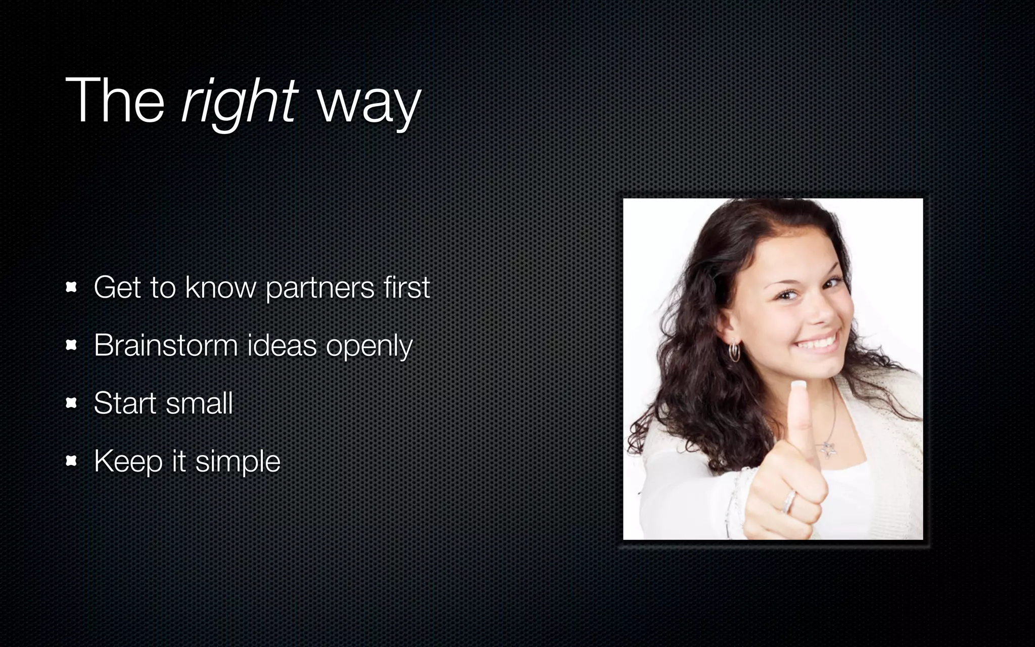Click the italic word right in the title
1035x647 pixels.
(x=240, y=101)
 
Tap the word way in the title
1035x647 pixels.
(x=368, y=104)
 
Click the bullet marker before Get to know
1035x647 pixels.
(x=71, y=288)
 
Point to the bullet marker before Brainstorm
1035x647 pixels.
(x=71, y=345)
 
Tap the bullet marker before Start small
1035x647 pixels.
(x=71, y=403)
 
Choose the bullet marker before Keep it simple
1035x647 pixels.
(x=71, y=461)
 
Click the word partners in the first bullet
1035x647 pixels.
(x=320, y=288)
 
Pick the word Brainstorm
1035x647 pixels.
(x=166, y=345)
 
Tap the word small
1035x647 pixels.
(x=199, y=403)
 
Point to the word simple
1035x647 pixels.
(x=238, y=462)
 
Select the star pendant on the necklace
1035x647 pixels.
(x=827, y=448)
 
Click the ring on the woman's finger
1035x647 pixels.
(x=789, y=502)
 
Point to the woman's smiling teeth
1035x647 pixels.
(x=818, y=343)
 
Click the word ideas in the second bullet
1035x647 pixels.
(x=281, y=345)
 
